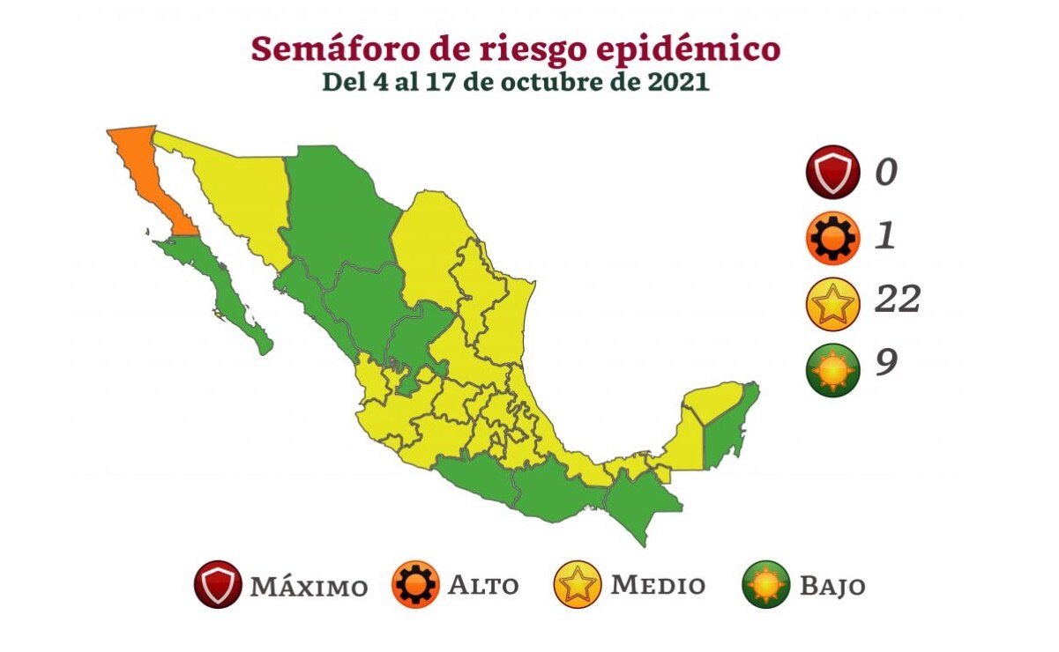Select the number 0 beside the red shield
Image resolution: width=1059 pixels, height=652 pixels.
(886, 172)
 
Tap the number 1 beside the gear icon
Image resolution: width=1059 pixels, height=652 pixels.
(885, 236)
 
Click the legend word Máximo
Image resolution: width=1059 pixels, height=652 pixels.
(309, 586)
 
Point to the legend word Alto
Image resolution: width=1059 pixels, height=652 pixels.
(483, 585)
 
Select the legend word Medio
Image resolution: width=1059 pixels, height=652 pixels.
(658, 585)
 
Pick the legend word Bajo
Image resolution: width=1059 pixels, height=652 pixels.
(832, 586)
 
